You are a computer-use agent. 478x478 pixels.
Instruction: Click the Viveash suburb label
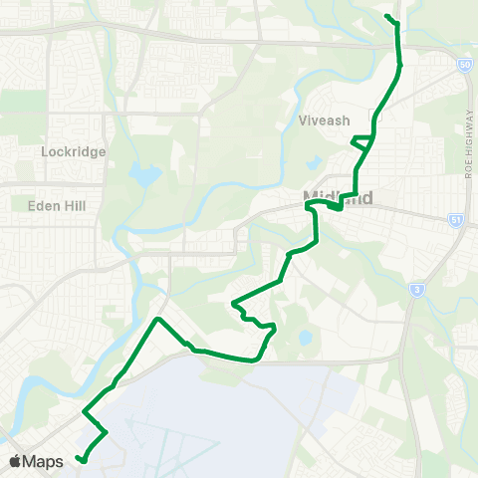[324, 120]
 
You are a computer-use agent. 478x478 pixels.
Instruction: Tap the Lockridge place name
[67, 152]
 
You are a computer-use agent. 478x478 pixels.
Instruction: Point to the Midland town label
[338, 198]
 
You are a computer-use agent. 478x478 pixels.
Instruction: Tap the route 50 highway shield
[465, 65]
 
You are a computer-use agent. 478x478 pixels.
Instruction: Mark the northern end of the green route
[385, 16]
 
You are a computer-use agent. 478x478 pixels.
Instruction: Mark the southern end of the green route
[80, 459]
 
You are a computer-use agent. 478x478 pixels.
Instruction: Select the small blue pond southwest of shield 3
[305, 339]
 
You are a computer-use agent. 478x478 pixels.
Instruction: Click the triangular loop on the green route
[360, 142]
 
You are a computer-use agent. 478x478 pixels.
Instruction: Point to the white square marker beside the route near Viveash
[373, 112]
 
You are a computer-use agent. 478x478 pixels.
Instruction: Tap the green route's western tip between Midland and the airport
[232, 302]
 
